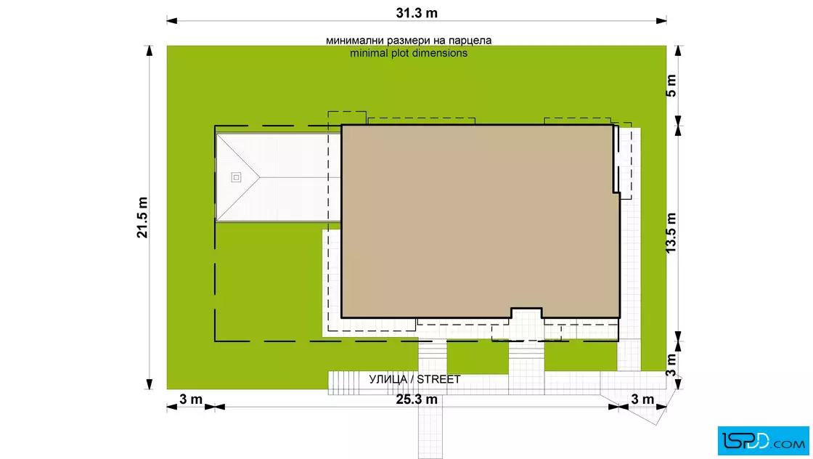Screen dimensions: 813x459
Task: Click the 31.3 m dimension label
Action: click(x=417, y=13)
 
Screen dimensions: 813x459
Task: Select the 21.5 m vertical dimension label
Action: click(x=142, y=217)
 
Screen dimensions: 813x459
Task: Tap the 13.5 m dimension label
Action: click(x=671, y=233)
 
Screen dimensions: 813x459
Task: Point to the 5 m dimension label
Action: click(x=671, y=86)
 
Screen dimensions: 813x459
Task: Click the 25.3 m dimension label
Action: click(x=417, y=399)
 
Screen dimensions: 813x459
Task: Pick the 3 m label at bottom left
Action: click(x=191, y=399)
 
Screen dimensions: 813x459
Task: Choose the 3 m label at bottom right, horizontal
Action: click(x=642, y=399)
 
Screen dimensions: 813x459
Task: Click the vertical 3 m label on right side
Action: click(x=671, y=365)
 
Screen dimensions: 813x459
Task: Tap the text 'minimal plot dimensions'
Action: click(x=409, y=53)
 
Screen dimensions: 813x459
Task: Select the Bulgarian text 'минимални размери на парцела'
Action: click(x=409, y=40)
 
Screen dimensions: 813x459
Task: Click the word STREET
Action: click(x=438, y=379)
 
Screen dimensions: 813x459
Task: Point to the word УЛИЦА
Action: click(x=388, y=379)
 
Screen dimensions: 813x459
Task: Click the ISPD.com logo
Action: click(x=763, y=441)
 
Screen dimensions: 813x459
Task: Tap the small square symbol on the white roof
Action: click(x=236, y=177)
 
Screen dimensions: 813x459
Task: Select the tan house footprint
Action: click(x=480, y=221)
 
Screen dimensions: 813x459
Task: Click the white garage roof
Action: click(x=279, y=177)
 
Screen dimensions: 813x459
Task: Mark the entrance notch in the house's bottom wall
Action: click(x=526, y=313)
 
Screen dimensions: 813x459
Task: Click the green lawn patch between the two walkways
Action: click(x=478, y=357)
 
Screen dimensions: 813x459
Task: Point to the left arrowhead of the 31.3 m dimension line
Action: click(x=171, y=21)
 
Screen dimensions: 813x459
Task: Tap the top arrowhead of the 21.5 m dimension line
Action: click(x=150, y=50)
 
